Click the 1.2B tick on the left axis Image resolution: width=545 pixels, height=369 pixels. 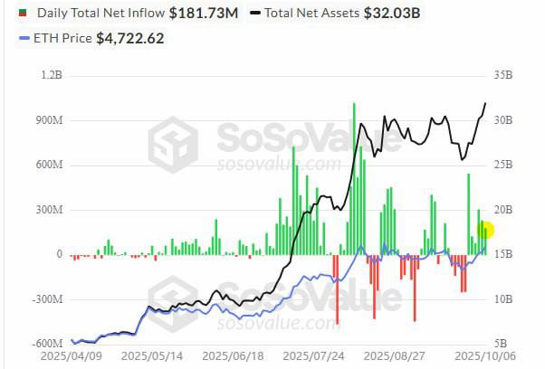[x=52, y=76]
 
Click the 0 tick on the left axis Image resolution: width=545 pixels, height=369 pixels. [x=59, y=254]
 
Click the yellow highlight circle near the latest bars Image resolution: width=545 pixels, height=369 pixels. [x=485, y=232]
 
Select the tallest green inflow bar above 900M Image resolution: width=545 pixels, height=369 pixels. [x=354, y=178]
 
